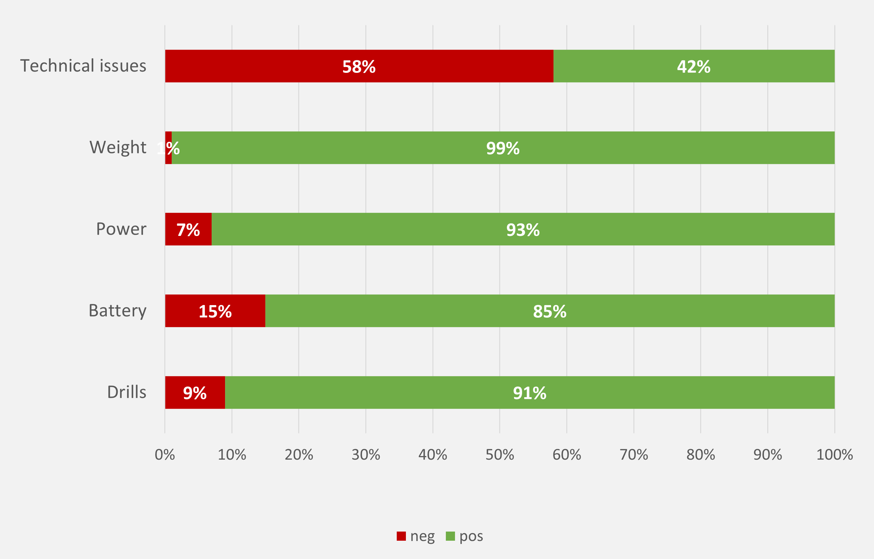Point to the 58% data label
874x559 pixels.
click(359, 67)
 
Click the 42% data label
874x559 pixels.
click(693, 67)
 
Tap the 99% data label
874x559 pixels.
click(503, 148)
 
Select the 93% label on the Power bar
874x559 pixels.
click(523, 230)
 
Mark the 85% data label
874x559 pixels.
click(550, 312)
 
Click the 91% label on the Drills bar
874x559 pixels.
click(529, 393)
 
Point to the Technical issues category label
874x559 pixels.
click(83, 66)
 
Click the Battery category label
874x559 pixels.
click(118, 311)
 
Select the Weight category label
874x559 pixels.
click(118, 148)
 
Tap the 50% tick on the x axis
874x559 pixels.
click(500, 454)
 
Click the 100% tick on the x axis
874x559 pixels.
click(834, 454)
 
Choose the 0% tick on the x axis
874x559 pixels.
click(165, 454)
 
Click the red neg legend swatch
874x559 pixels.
click(401, 536)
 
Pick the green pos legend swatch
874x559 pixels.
click(450, 536)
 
